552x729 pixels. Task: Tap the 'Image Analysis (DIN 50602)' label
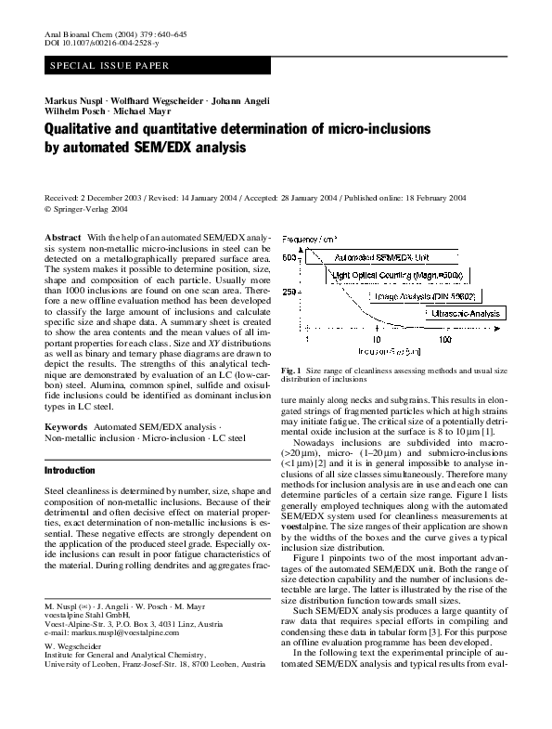pos(424,295)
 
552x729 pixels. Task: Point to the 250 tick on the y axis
pos(289,293)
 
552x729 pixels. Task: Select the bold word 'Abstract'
pos(63,239)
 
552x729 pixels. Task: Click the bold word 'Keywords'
pos(66,426)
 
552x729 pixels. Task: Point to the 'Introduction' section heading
pos(70,471)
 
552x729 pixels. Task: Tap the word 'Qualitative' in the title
pos(90,131)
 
